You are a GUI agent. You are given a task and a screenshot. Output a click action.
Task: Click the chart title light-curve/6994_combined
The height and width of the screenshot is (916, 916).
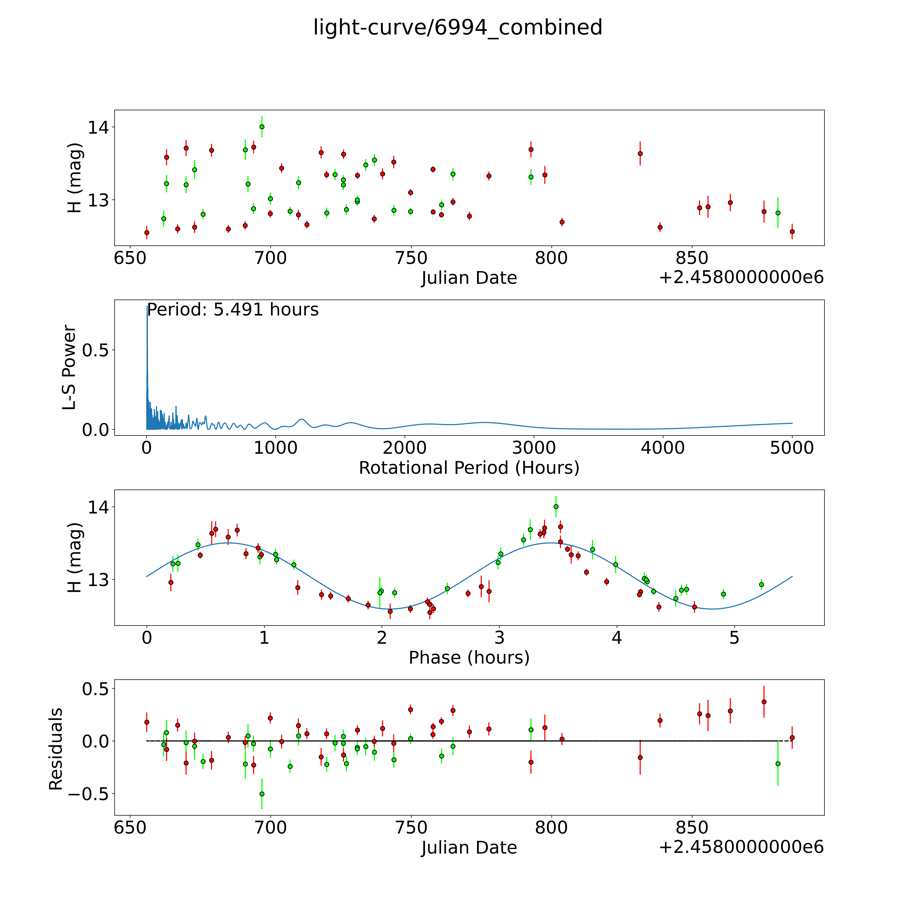click(x=457, y=27)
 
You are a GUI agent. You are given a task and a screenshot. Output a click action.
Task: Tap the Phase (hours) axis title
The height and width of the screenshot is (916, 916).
click(x=469, y=658)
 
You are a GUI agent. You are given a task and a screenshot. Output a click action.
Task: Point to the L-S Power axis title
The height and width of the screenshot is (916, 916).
click(x=69, y=367)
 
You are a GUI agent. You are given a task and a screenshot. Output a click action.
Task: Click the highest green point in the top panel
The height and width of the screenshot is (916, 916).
click(x=262, y=127)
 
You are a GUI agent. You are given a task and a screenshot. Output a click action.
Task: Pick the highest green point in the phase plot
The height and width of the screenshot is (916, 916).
click(x=556, y=506)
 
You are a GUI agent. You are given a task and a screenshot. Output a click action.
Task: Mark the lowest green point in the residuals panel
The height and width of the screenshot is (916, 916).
click(x=262, y=794)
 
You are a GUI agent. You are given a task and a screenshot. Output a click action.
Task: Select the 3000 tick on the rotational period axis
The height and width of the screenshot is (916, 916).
click(x=534, y=448)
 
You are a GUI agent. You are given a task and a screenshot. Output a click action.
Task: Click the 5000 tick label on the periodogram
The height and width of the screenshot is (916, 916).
click(x=792, y=448)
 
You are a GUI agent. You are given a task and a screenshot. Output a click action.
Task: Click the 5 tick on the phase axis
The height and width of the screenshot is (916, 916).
click(x=734, y=638)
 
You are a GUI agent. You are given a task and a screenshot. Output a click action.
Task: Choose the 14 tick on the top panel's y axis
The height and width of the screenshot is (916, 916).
click(x=98, y=128)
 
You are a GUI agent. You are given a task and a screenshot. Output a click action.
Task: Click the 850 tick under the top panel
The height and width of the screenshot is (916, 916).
click(x=692, y=258)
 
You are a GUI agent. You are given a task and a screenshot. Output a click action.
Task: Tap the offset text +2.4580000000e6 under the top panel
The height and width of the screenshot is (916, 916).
click(x=741, y=277)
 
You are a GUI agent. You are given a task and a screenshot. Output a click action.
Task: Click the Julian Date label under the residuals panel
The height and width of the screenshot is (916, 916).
click(x=469, y=847)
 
